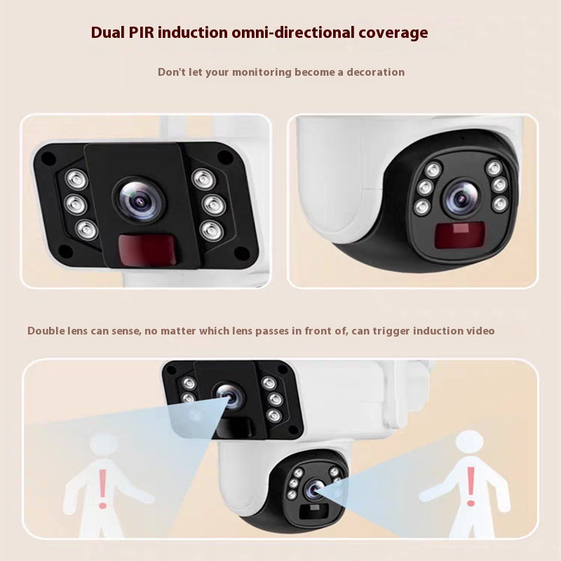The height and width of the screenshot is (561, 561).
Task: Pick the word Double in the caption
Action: [47, 330]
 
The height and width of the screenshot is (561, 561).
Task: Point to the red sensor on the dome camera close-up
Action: [454, 236]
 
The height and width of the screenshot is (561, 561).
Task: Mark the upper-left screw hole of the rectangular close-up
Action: [48, 159]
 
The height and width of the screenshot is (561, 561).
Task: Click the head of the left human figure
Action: [104, 445]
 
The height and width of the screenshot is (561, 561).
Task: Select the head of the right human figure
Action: [468, 442]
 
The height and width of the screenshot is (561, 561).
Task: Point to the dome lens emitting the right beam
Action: [313, 489]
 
